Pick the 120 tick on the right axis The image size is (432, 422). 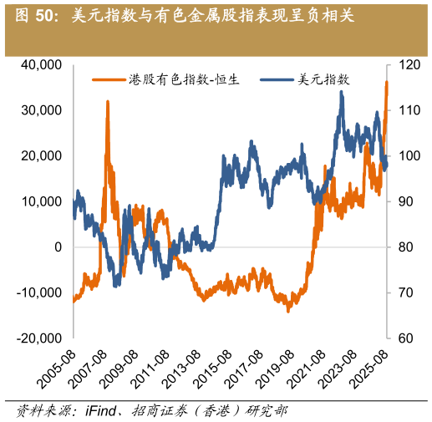coord(406,64)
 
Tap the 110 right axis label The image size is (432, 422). coord(406,110)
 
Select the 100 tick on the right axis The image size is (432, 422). coord(406,155)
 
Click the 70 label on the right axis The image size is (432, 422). coord(404,292)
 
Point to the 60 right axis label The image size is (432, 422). coord(404,338)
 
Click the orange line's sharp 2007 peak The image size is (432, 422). coord(108,102)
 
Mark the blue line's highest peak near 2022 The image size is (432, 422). coord(341,91)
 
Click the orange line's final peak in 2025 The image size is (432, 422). coord(386,82)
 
